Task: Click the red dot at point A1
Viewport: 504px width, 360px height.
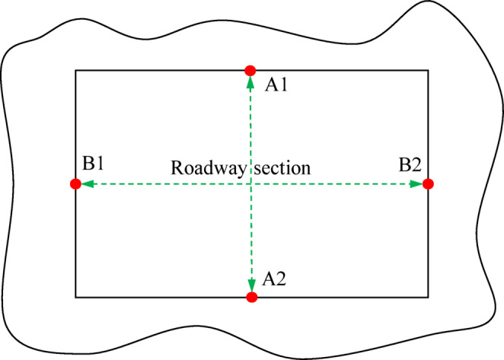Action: pos(250,71)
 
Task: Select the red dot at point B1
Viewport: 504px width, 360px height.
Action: pos(75,183)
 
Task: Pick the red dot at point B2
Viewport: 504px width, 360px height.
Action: pos(428,183)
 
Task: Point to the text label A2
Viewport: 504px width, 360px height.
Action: pos(274,279)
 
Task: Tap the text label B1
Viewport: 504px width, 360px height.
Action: pos(94,163)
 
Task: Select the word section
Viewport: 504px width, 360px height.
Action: pos(282,167)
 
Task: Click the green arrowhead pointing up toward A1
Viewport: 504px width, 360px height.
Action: pos(250,81)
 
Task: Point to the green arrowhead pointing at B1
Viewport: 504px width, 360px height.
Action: pos(85,183)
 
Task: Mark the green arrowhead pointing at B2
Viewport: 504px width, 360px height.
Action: pos(417,183)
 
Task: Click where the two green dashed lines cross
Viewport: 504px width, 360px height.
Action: pos(251,183)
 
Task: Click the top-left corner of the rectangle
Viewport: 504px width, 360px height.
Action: pos(75,71)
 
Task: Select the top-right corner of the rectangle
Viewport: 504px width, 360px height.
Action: pos(428,71)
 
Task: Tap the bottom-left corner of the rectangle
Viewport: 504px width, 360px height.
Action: pos(75,297)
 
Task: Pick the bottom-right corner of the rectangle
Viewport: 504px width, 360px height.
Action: pos(428,297)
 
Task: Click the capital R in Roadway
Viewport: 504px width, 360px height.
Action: pos(177,167)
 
